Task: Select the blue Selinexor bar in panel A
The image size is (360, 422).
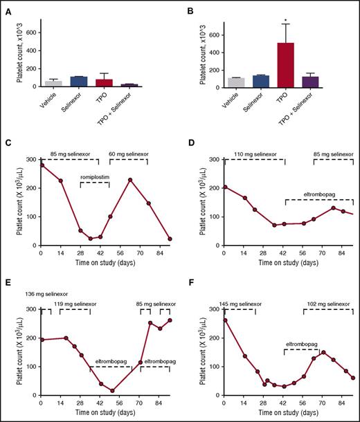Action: coord(79,81)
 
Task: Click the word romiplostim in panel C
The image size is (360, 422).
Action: coord(95,177)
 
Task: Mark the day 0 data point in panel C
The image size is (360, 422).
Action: coord(42,165)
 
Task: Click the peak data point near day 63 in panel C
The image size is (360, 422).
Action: coord(129,180)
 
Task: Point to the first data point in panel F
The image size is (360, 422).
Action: coord(224,320)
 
